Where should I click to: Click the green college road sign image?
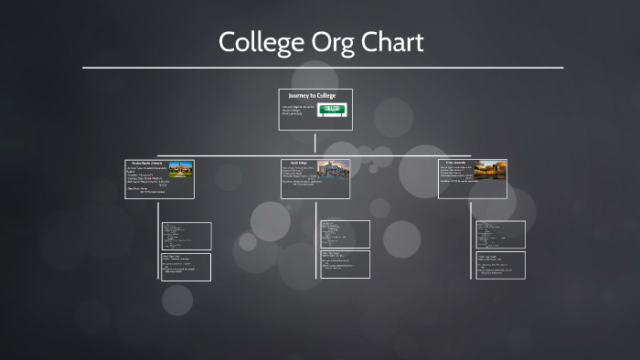click(333, 110)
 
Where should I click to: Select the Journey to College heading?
click(312, 95)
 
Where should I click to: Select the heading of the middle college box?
click(297, 163)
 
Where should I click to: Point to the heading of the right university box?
click(455, 163)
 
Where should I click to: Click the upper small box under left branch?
click(186, 236)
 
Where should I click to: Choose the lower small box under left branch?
click(186, 267)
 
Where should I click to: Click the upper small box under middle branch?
click(345, 234)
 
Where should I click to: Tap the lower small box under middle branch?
click(345, 264)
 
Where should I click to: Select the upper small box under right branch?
click(500, 234)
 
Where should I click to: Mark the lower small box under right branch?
click(500, 265)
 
